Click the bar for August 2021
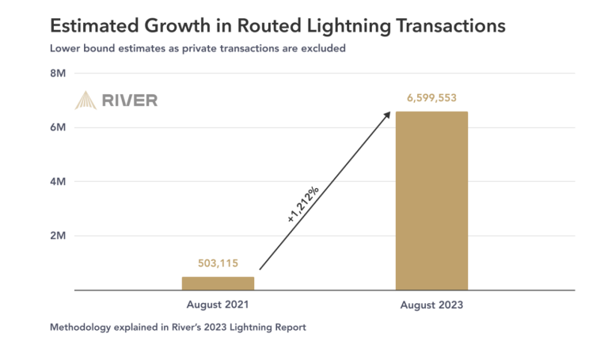click(218, 283)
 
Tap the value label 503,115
click(218, 263)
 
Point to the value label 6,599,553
click(431, 98)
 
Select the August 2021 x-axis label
click(218, 305)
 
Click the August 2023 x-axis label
click(431, 305)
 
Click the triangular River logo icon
click(85, 100)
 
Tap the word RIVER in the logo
click(129, 100)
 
